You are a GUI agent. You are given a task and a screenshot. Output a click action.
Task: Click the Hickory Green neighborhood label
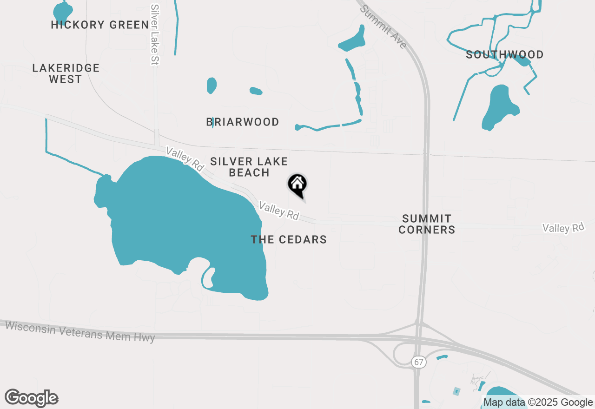100,25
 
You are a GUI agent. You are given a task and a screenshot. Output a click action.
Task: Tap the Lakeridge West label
66,73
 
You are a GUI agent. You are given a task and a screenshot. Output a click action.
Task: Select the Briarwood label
243,122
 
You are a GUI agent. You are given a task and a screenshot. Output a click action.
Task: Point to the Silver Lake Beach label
249,167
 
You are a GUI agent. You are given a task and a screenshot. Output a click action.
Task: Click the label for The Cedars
289,240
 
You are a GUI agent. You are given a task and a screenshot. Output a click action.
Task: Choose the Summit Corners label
427,224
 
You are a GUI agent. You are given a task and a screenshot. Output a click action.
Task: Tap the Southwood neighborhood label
504,55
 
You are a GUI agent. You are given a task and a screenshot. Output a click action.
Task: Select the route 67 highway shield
419,362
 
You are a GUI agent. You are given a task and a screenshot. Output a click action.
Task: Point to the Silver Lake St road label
155,35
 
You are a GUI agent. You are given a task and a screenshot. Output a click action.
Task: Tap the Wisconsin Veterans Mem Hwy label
80,331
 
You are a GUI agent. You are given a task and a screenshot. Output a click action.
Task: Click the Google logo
32,398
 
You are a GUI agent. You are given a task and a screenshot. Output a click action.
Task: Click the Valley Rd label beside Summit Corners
563,228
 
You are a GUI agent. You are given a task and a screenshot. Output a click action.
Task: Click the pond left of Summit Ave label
352,41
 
